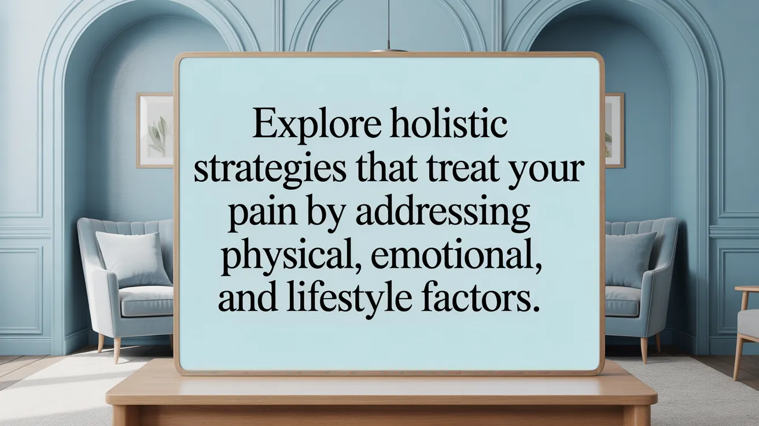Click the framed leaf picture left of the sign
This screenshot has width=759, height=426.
coord(154,130)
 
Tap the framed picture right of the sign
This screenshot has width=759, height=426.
coord(614,130)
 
